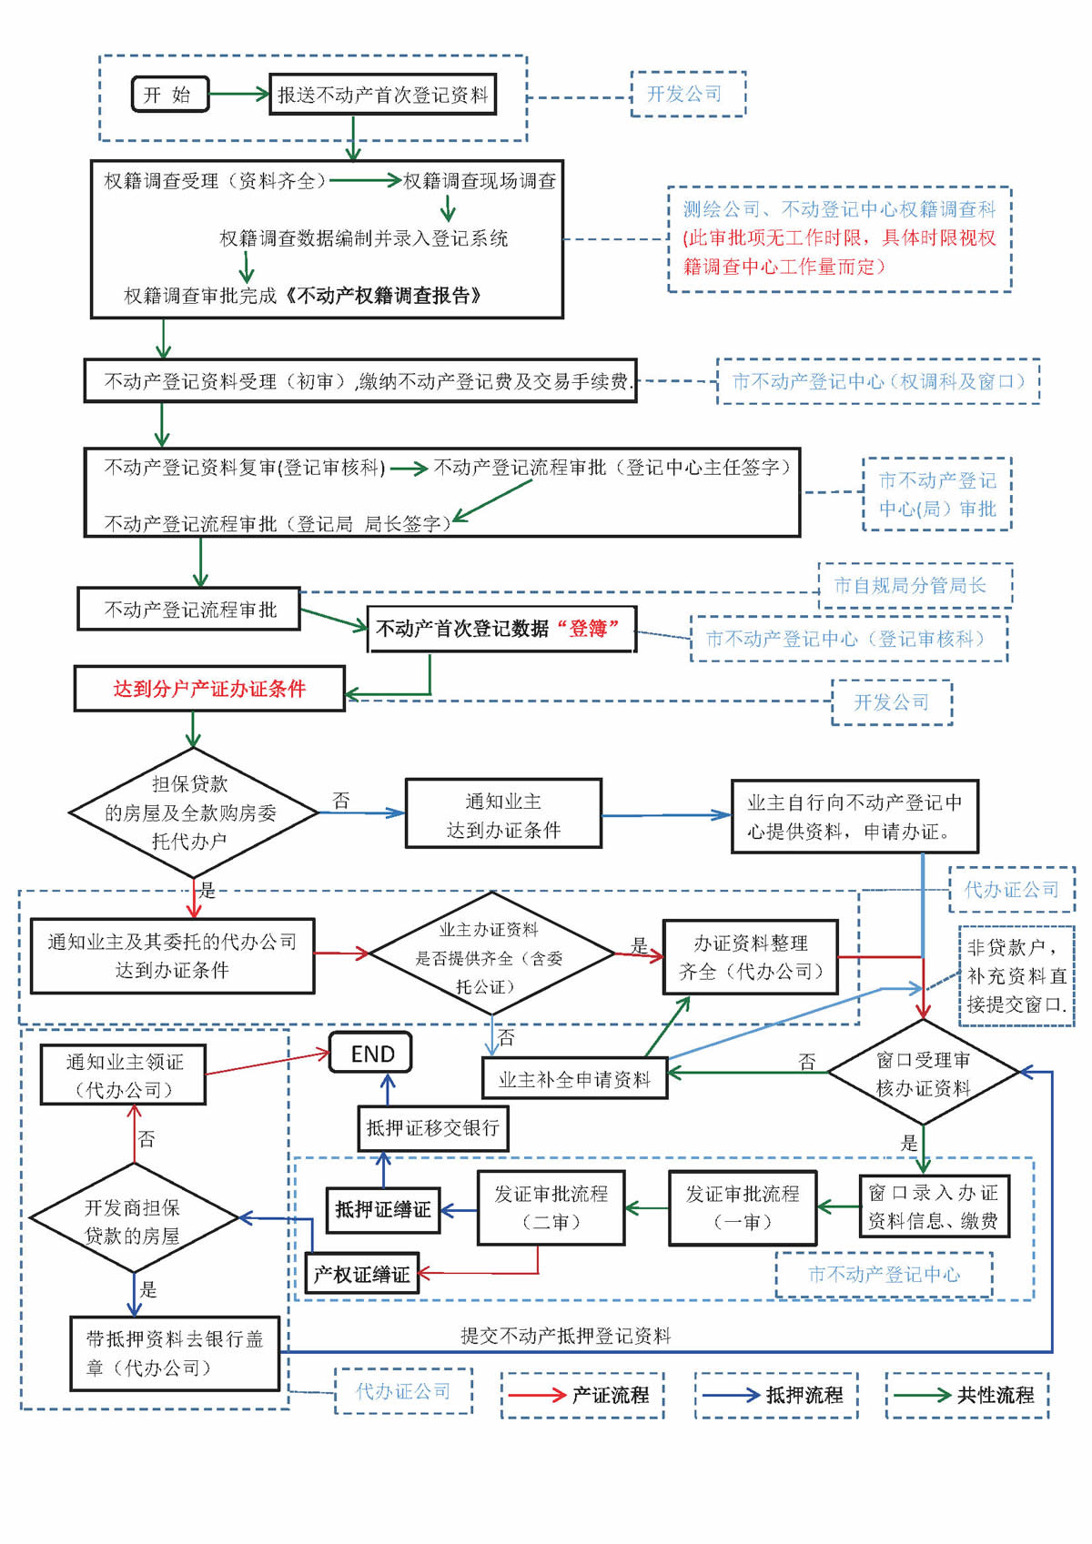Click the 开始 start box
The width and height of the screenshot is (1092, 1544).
[170, 95]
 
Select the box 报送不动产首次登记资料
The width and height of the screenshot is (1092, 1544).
[382, 95]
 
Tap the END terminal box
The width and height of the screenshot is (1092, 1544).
[371, 1054]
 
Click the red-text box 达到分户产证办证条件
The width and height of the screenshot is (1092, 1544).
[209, 689]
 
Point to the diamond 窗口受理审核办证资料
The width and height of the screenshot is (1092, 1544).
[923, 1074]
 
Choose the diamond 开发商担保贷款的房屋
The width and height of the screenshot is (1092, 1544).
[133, 1221]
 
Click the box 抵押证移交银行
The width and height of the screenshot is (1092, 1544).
[432, 1128]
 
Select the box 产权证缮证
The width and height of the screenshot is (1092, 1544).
[361, 1274]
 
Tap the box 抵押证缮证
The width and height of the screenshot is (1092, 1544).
[383, 1210]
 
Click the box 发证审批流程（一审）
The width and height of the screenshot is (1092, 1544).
[743, 1207]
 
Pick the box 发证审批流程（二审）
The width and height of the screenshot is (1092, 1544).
[551, 1207]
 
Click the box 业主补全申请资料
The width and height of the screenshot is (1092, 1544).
[575, 1079]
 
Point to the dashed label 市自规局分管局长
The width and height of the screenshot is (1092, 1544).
[914, 585]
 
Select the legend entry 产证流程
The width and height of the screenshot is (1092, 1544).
[582, 1395]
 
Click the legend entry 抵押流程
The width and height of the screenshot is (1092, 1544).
[775, 1395]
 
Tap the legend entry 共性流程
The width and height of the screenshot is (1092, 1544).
[967, 1395]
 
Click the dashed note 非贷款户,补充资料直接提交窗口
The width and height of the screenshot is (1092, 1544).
[1016, 976]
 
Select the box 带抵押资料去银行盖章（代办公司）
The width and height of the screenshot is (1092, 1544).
[175, 1353]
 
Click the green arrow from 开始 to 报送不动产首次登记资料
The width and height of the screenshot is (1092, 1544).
[238, 94]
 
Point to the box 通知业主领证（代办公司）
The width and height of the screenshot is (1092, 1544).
[124, 1075]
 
